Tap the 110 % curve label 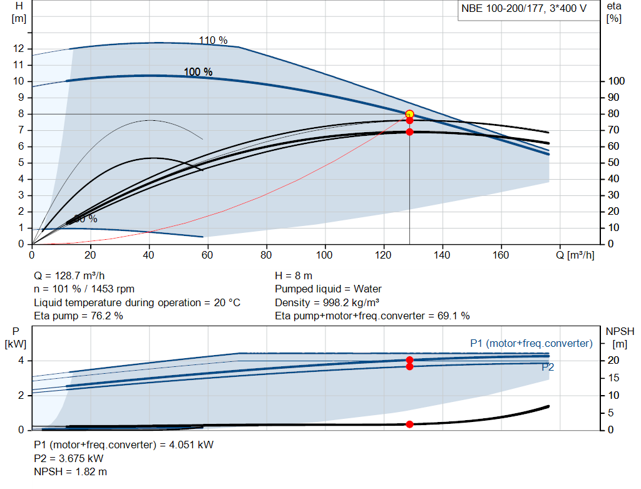213,41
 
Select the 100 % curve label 198,72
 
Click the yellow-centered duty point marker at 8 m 409,114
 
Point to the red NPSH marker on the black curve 409,424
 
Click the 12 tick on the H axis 19,49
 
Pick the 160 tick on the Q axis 501,255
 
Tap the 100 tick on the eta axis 616,81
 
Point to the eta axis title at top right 614,12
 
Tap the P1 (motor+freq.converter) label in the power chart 531,343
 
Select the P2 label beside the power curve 548,368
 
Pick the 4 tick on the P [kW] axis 21,360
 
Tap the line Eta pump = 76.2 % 78,316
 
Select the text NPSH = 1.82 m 69,471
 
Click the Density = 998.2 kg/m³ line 327,302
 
